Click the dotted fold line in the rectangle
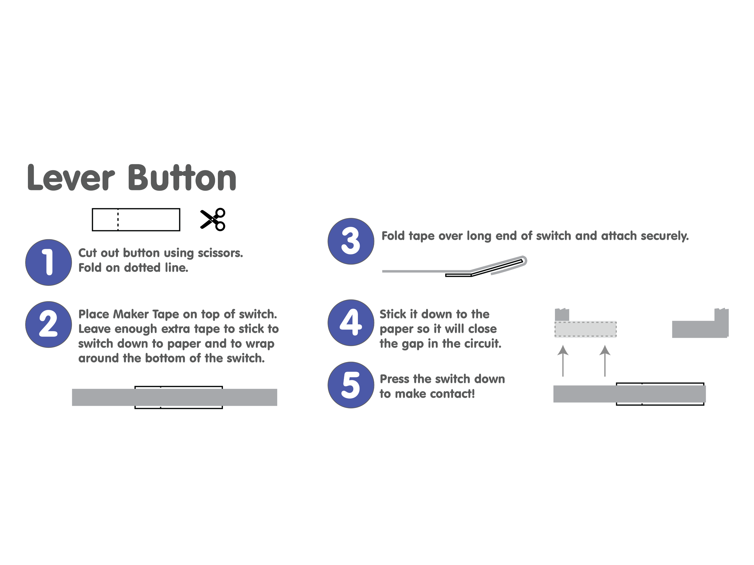pyautogui.click(x=118, y=220)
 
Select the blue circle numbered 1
pyautogui.click(x=49, y=262)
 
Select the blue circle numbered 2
pyautogui.click(x=49, y=324)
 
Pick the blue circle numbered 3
pyautogui.click(x=351, y=241)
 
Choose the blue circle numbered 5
pyautogui.click(x=351, y=385)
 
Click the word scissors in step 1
pyautogui.click(x=220, y=253)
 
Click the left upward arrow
pyautogui.click(x=563, y=361)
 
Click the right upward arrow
pyautogui.click(x=605, y=361)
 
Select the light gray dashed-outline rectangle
pyautogui.click(x=585, y=329)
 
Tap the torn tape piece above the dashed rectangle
pyautogui.click(x=562, y=315)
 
